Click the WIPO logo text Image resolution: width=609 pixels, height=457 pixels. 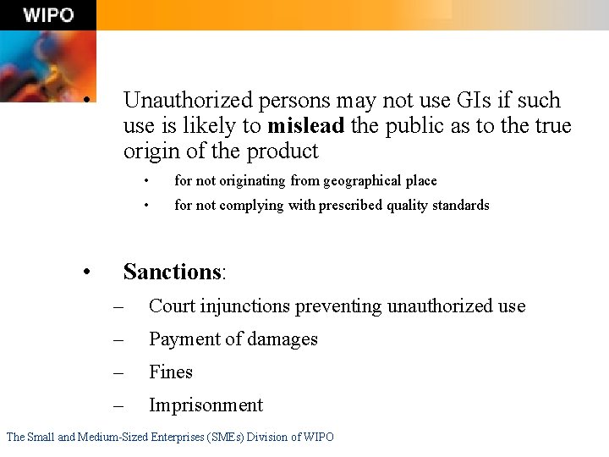[x=48, y=15]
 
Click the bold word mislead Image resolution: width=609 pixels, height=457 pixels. [x=305, y=126]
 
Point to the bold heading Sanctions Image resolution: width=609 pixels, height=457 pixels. [x=172, y=272]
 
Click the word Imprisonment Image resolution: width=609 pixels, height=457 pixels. [x=206, y=405]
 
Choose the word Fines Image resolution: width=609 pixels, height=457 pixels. [x=171, y=372]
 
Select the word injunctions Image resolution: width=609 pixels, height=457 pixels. [x=242, y=306]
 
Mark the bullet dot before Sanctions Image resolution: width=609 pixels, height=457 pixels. [x=87, y=272]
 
